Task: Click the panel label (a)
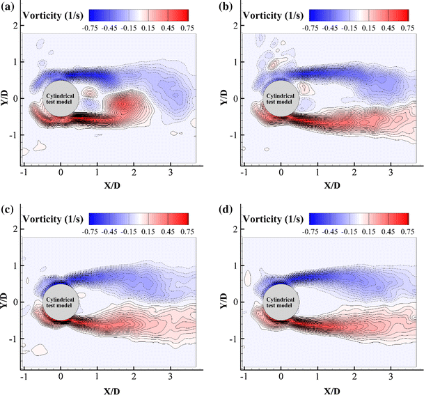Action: pyautogui.click(x=10, y=7)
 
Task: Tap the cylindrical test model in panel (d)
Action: pyautogui.click(x=281, y=302)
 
